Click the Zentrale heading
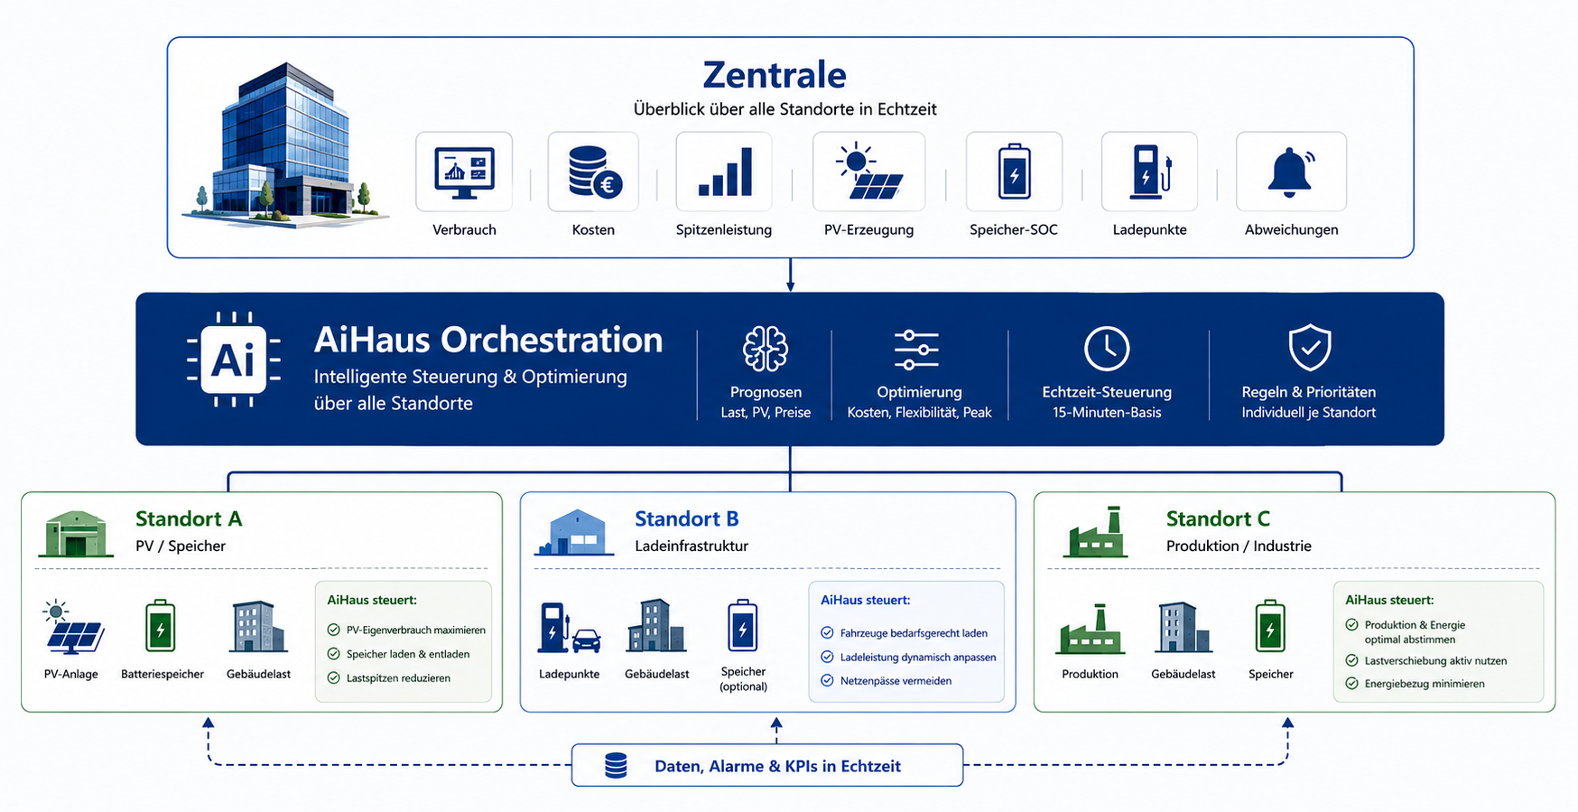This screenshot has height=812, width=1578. click(775, 75)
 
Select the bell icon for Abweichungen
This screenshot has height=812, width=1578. click(1291, 172)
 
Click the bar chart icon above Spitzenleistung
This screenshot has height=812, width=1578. click(725, 173)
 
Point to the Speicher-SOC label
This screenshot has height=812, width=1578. click(1013, 229)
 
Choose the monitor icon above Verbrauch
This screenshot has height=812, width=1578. click(464, 173)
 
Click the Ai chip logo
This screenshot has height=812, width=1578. click(234, 359)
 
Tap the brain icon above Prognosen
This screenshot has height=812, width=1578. click(766, 349)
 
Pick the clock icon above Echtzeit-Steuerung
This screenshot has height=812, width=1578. click(1107, 349)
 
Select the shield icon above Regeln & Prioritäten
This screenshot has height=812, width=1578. click(1309, 348)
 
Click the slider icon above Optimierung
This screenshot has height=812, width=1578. click(917, 350)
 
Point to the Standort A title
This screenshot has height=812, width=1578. click(189, 518)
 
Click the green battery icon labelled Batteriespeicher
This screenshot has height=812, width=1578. click(161, 626)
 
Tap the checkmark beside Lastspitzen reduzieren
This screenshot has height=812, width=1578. click(333, 677)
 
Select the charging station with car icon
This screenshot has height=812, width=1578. click(569, 628)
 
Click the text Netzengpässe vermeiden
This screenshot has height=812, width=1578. click(896, 681)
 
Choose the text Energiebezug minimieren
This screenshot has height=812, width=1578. click(1425, 684)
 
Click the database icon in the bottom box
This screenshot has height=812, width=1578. click(616, 766)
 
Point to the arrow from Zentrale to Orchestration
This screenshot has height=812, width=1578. click(790, 275)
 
